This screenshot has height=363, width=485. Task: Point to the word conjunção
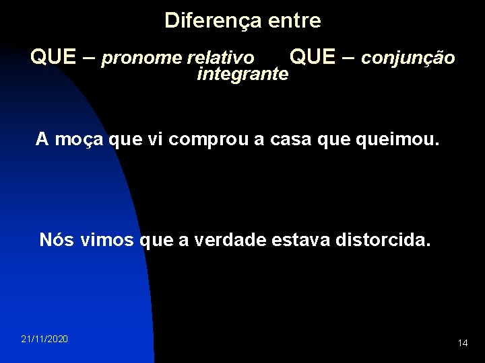click(x=408, y=59)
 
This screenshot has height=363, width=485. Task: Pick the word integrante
click(x=243, y=75)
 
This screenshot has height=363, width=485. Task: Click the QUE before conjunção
click(x=315, y=58)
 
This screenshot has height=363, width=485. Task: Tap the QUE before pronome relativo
click(x=53, y=58)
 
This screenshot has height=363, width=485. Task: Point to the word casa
click(x=297, y=140)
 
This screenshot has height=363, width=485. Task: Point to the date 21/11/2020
click(x=44, y=339)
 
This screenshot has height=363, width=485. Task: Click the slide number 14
click(x=463, y=344)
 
